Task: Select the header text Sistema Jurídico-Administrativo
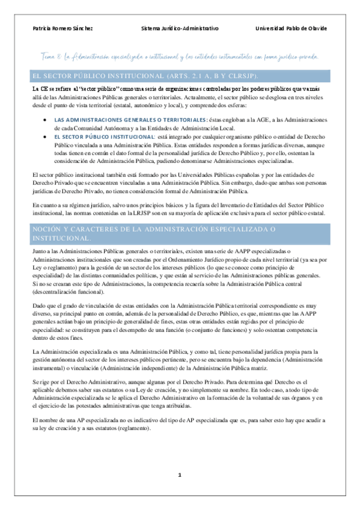click(180, 28)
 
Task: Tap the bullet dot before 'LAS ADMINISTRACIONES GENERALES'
click(47, 120)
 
